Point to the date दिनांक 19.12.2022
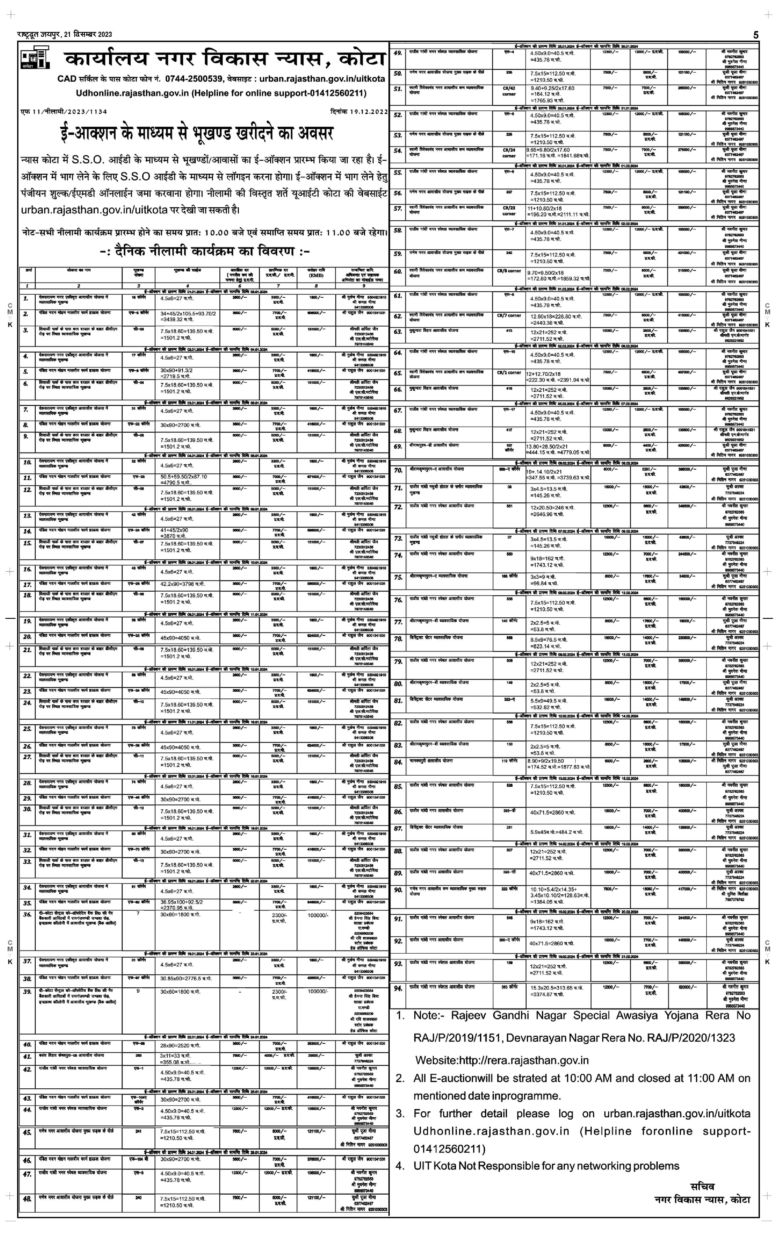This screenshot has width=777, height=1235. click(359, 111)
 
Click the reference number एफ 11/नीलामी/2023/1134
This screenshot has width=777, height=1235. click(64, 111)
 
